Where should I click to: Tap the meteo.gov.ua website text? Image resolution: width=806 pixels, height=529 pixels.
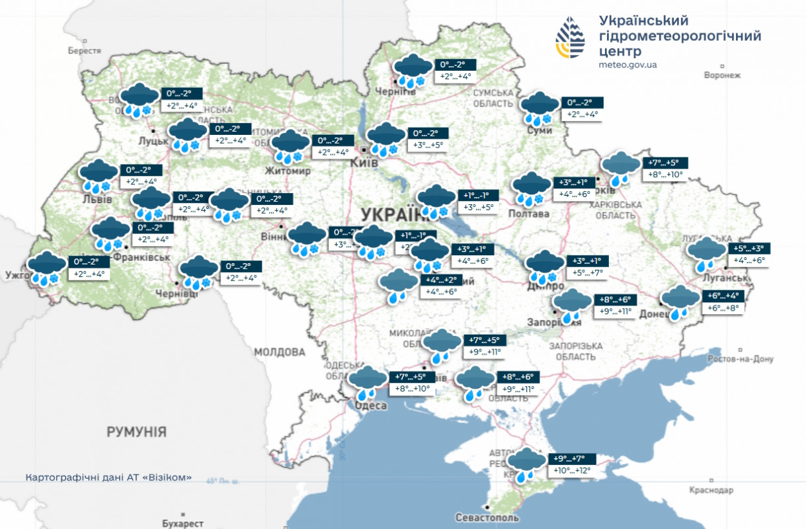point(627,65)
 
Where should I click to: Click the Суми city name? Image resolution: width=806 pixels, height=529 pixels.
point(539,131)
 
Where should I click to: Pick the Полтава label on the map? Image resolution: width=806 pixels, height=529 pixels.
point(529,214)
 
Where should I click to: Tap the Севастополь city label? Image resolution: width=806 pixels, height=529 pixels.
point(487,518)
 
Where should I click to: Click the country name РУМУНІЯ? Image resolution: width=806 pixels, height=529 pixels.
point(137,432)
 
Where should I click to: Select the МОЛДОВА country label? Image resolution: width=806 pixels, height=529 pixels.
point(280,352)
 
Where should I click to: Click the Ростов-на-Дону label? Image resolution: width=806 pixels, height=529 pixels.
point(740,359)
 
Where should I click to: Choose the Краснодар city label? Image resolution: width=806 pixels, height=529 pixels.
point(711,490)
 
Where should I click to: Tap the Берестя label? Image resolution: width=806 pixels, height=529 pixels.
point(85,50)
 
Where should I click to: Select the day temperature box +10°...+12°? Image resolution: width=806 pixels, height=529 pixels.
point(572,471)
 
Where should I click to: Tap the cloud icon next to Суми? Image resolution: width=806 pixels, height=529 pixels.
point(540,109)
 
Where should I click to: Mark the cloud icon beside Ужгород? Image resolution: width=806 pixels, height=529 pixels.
point(45,268)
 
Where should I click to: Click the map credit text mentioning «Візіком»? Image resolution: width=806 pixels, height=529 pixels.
point(108,477)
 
